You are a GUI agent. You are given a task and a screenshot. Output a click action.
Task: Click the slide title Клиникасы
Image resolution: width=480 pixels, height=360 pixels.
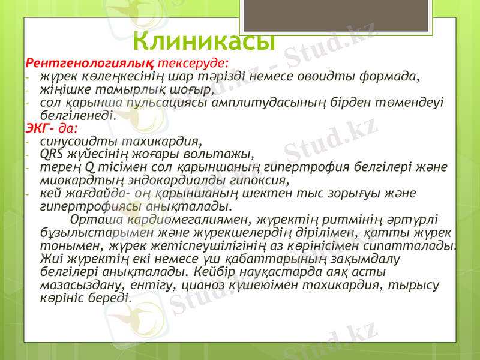point(204,40)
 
